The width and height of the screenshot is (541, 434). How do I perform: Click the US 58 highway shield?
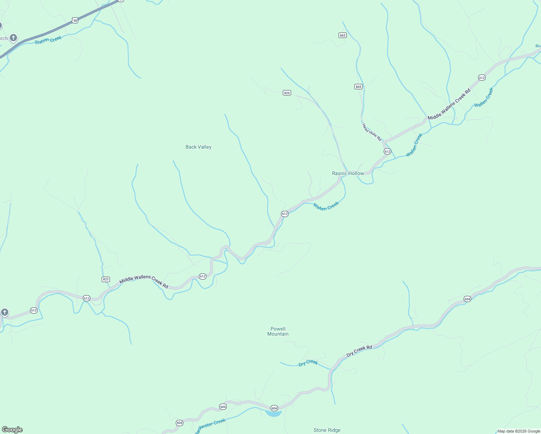(x=75, y=21)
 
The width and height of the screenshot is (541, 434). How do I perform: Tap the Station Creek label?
(x=48, y=40)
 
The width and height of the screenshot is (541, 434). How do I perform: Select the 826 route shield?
(x=287, y=93)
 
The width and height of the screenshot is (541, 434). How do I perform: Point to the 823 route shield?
(x=106, y=279)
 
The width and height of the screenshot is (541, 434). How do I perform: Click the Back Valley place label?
(x=198, y=147)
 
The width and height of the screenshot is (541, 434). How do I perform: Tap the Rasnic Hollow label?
(x=348, y=173)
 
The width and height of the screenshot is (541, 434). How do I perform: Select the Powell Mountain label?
(x=278, y=331)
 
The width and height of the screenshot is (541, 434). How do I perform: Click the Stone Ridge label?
(x=327, y=430)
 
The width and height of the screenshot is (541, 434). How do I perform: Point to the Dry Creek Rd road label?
(x=359, y=351)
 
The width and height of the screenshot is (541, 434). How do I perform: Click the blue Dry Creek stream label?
(x=308, y=363)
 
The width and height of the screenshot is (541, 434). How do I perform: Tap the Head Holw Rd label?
(x=372, y=132)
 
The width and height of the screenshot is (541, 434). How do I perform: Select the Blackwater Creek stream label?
(x=210, y=426)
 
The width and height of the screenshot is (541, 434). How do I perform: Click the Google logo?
(x=12, y=430)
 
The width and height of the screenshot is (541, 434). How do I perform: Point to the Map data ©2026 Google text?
(x=519, y=431)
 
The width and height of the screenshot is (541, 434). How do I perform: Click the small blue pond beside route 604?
(x=273, y=413)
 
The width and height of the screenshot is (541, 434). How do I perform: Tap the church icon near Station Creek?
(x=13, y=38)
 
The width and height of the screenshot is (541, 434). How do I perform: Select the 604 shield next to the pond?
(x=274, y=408)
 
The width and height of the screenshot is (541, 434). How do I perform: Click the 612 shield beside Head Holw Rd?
(x=387, y=152)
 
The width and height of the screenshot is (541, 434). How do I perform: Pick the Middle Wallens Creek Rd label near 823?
(x=144, y=282)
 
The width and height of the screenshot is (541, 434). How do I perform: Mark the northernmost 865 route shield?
(x=342, y=35)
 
